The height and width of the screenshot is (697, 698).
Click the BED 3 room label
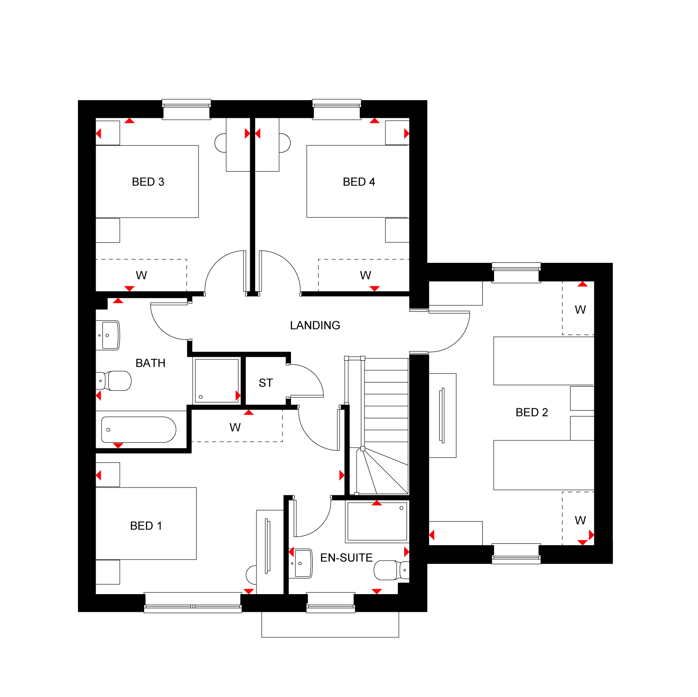point(148,182)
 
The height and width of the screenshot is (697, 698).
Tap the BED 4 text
point(359,182)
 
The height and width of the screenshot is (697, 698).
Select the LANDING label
point(315,325)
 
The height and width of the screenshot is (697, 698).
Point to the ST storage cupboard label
point(266,383)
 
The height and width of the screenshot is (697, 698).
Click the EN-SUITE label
point(346,557)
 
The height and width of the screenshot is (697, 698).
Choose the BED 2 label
point(532,412)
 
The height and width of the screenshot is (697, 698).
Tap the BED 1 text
point(146,526)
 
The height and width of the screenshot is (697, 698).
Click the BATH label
point(150,363)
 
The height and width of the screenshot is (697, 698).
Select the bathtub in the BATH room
point(138,430)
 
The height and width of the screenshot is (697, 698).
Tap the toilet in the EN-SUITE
point(391,570)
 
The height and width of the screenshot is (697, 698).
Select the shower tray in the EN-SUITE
point(377,522)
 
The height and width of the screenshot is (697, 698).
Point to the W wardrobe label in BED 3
point(141,275)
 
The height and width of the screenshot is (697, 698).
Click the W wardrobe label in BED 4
point(365,275)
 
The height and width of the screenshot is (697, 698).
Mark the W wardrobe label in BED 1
point(235,427)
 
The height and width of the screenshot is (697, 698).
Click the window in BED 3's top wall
point(186,110)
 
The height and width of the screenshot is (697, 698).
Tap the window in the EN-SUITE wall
point(331,602)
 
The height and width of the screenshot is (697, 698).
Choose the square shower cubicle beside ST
point(217,380)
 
